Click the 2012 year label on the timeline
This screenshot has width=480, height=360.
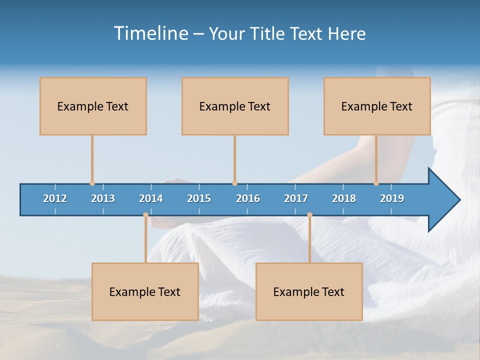(x=55, y=198)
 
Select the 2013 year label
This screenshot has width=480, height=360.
(x=103, y=198)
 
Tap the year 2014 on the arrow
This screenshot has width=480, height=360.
(x=151, y=198)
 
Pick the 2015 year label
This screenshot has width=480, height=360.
(x=199, y=198)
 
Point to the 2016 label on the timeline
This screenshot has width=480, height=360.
(x=248, y=198)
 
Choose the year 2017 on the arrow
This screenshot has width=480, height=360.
(x=296, y=198)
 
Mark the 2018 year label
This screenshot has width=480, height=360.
(x=344, y=198)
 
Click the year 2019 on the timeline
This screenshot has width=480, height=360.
(x=392, y=198)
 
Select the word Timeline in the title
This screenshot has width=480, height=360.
(x=150, y=33)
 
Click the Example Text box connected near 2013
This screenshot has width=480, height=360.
(x=93, y=106)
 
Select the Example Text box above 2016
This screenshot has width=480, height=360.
(x=235, y=106)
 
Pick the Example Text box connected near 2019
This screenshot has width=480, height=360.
(x=377, y=106)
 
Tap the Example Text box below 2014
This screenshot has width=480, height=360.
(x=145, y=291)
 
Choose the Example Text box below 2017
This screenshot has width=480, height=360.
(x=309, y=291)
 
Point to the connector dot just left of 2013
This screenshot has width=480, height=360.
(x=92, y=183)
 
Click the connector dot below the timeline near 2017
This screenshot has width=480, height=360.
(x=309, y=215)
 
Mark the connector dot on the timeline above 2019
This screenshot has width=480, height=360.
(x=376, y=183)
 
